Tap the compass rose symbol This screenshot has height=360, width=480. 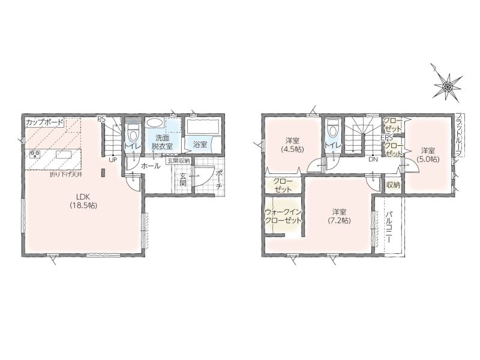pos(447,87)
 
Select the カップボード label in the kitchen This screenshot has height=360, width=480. pos(44,122)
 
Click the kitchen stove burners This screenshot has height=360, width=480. pos(35,154)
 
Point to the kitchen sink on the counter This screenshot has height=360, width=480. pos(64,154)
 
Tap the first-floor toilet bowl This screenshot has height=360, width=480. pos(133,134)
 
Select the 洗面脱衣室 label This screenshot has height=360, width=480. pos(162,142)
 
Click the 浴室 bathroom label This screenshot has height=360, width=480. pos(200,144)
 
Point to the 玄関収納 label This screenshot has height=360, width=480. pos(178,160)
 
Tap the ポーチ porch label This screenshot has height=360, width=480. pos(219,179)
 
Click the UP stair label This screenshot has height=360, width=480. pos(113,159)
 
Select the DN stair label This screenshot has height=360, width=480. pos(373,159)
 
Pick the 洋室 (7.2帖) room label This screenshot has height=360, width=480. pos(339,216)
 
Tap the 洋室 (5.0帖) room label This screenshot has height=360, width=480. pos(428,155)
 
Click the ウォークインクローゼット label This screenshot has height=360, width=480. pos(283,216)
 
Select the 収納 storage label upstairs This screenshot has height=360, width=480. pos(394,185)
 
